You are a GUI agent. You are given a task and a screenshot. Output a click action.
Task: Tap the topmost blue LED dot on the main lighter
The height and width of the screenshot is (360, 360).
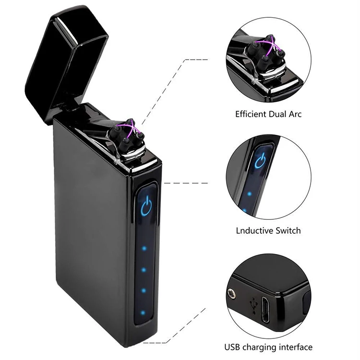coord(144,249)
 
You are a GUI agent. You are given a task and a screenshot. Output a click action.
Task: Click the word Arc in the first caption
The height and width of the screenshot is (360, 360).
coord(295,114)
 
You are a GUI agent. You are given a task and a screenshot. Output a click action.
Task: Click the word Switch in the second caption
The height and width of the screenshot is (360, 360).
coord(288,230)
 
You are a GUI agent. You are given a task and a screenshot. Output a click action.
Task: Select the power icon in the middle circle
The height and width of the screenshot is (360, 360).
coord(261,160)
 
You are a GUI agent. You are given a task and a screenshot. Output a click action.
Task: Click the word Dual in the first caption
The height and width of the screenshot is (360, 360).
coord(277,114)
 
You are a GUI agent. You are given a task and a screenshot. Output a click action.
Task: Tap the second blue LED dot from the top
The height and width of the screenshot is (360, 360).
coord(144,270)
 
